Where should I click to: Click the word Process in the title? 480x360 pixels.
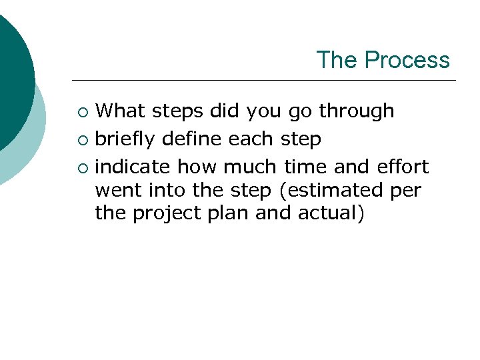[x=407, y=60]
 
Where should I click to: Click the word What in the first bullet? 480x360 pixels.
[x=123, y=111]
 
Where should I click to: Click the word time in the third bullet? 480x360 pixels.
[x=305, y=166]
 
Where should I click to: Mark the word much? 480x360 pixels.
[x=253, y=166]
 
